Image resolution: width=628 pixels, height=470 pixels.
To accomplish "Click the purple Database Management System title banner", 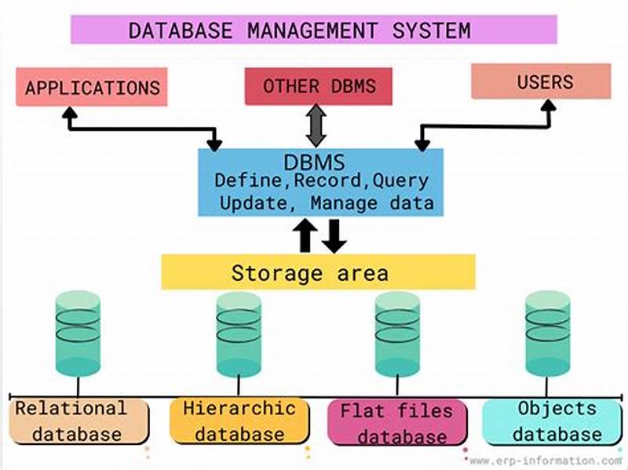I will pos(314,30).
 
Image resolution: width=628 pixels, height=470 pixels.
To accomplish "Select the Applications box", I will pos(92,87).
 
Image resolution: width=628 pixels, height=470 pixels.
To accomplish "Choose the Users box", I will pos(541,82).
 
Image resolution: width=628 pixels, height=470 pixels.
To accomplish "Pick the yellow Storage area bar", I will pos(318,272).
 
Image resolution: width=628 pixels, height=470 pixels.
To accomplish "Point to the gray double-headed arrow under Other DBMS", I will pos(316,126).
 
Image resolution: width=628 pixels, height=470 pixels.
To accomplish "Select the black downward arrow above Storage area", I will pos(334,235).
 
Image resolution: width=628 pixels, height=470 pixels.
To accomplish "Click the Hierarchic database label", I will pos(239,421).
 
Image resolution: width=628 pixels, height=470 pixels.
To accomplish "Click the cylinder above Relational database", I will pos(78,333).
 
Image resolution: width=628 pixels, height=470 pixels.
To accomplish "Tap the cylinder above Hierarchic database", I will pos(239,333).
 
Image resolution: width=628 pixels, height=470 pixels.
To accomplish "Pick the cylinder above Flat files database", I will pos(397,333).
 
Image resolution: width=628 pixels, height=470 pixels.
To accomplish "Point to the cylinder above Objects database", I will pos(547,333).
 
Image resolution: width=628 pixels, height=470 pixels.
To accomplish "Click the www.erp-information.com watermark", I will pos(546,461).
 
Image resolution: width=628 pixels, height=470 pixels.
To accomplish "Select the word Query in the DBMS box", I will pos(400,180).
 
